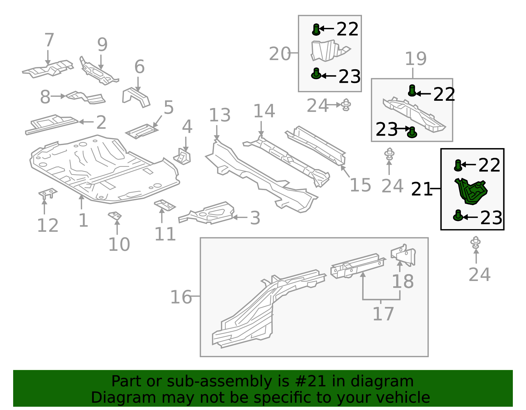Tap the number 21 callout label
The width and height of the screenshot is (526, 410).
pos(421,189)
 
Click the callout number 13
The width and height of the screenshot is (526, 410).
pos(220,116)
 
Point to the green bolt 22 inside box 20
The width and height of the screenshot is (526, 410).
pos(316,30)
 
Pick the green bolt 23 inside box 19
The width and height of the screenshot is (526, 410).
pos(412,132)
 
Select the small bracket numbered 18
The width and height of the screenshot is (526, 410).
pos(404,254)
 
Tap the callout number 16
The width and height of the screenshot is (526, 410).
pos(181,297)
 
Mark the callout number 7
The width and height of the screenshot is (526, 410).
pos(49,40)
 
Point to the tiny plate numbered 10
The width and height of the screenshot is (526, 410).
pos(115,216)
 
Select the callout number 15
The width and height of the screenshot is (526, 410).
pos(360,185)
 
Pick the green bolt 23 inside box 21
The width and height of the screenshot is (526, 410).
pos(458,216)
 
